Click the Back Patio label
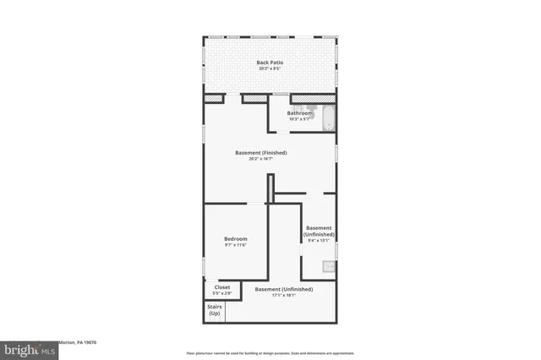coord(270,63)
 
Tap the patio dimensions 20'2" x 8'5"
coord(270,69)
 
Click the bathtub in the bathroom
coord(328,118)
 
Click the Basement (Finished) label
coord(261,153)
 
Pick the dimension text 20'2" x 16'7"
coord(261,160)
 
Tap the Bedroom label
coord(235,239)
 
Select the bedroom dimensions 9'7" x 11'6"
coord(235,246)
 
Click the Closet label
coord(222,286)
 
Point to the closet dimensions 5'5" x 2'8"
coord(222,293)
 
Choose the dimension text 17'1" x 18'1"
coord(284,296)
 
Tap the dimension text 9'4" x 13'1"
coord(319,241)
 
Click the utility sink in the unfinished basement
coord(328,267)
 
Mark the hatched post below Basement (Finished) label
coord(270,188)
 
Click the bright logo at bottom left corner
coord(25,348)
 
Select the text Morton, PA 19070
coord(75,343)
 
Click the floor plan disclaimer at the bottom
coord(270,352)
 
